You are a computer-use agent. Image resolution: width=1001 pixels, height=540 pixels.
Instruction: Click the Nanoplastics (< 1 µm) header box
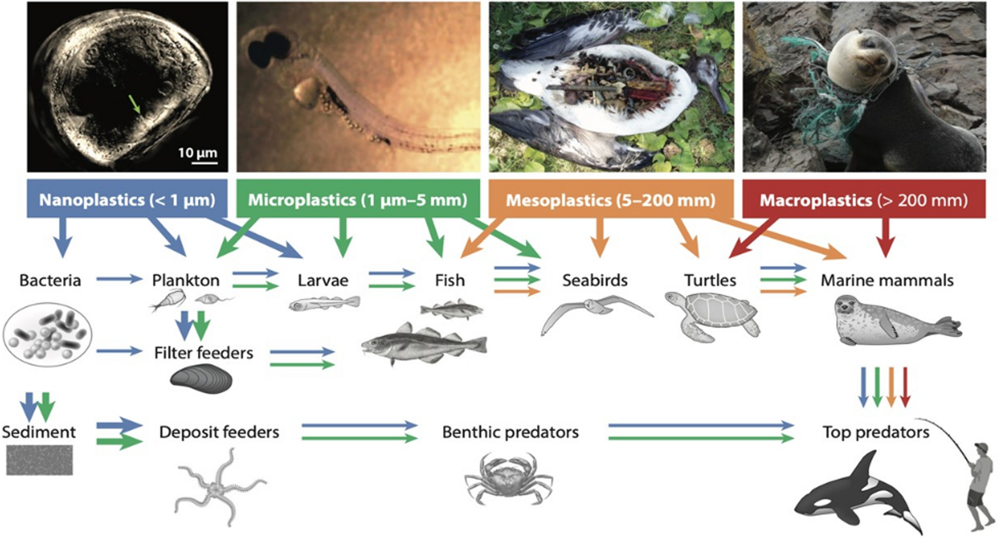coord(127,199)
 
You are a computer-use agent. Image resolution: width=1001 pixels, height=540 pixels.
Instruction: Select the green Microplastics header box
coord(358,199)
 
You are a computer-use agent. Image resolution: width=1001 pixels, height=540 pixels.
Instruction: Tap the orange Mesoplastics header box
coord(610,199)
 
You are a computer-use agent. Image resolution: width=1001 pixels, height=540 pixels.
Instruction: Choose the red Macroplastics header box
coord(864,199)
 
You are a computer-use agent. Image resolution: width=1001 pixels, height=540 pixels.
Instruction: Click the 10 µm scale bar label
coord(197,153)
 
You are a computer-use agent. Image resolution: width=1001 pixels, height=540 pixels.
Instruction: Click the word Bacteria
coord(50,280)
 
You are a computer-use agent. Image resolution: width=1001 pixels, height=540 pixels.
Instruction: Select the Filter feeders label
coord(204,353)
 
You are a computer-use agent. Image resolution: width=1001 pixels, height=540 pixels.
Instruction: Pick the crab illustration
coord(509,478)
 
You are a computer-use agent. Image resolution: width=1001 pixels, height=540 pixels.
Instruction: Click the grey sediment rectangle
coord(40,460)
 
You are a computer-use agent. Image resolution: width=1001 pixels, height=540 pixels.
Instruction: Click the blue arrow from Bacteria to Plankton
coord(119,279)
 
